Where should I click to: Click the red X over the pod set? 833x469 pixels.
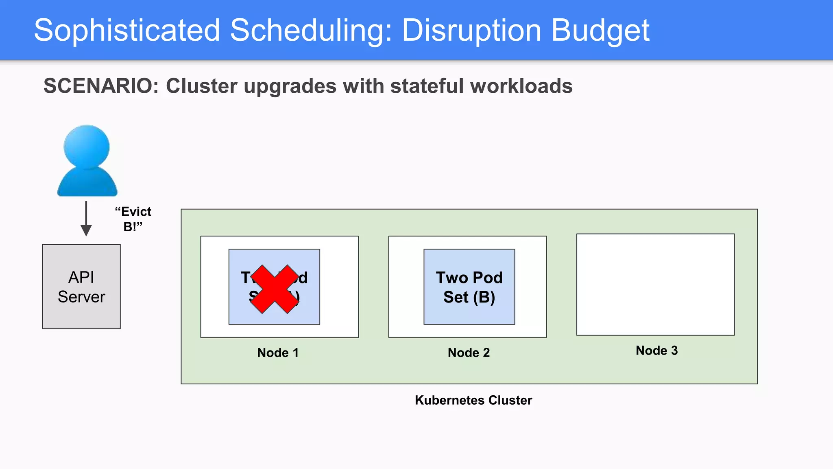(275, 289)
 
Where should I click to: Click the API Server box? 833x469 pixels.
(81, 287)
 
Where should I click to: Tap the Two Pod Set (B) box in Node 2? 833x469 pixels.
(469, 287)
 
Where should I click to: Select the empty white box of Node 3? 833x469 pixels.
(655, 284)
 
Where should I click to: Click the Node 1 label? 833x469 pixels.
(278, 353)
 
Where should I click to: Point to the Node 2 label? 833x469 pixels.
(469, 353)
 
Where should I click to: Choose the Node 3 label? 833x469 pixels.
(656, 351)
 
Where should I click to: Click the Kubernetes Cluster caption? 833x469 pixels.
(473, 400)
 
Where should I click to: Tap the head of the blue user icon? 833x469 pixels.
(87, 146)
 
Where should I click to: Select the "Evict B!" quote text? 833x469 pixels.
(133, 219)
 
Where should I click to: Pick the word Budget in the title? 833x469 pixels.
(600, 31)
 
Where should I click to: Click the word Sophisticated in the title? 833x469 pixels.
(127, 31)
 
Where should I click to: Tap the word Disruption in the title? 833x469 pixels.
(471, 31)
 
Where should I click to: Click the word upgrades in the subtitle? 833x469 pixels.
(290, 86)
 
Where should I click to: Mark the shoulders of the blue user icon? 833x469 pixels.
(87, 183)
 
